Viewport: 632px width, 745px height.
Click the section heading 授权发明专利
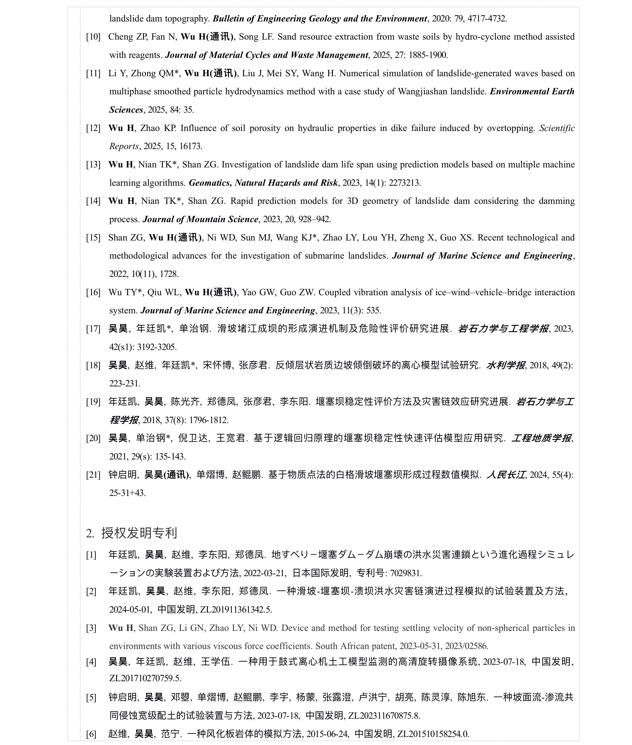pyautogui.click(x=139, y=533)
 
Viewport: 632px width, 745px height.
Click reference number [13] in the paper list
pyautogui.click(x=93, y=165)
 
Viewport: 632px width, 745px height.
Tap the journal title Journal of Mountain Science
pyautogui.click(x=200, y=219)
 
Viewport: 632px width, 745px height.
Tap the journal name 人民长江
pyautogui.click(x=506, y=475)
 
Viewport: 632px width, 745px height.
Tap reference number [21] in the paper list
pyautogui.click(x=93, y=475)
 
